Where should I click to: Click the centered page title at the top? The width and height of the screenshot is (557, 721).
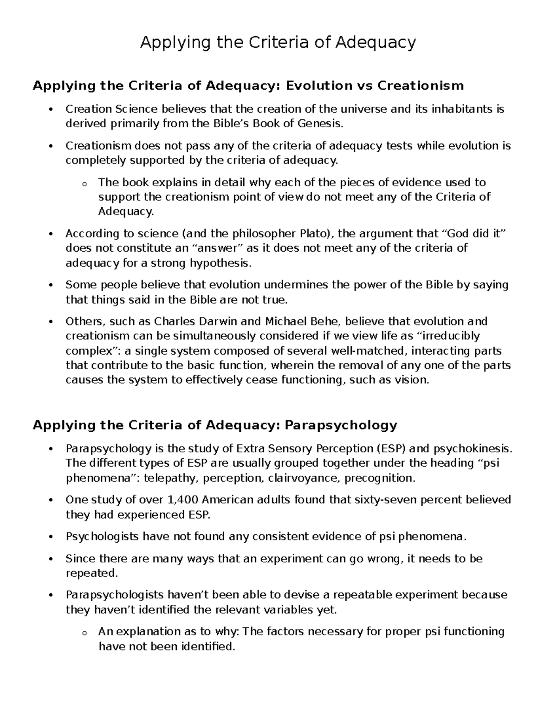coord(278,43)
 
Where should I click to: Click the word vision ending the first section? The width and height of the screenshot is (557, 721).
coord(414,380)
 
